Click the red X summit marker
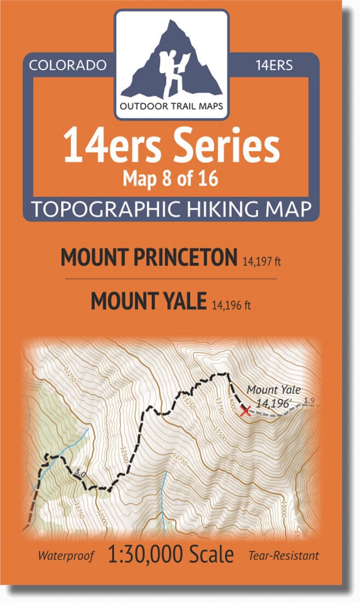click(x=245, y=411)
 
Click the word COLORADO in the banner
click(x=67, y=66)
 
